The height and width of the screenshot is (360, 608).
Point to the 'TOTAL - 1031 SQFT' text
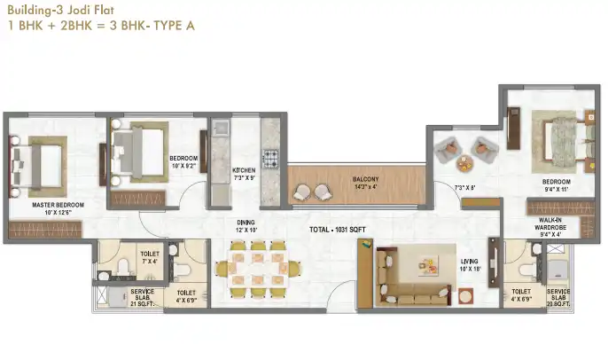[x=337, y=230]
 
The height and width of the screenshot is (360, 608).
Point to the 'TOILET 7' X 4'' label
[x=150, y=257]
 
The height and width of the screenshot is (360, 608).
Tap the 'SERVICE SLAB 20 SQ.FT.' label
[x=558, y=294]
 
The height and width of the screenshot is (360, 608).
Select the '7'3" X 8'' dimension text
[x=465, y=188]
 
